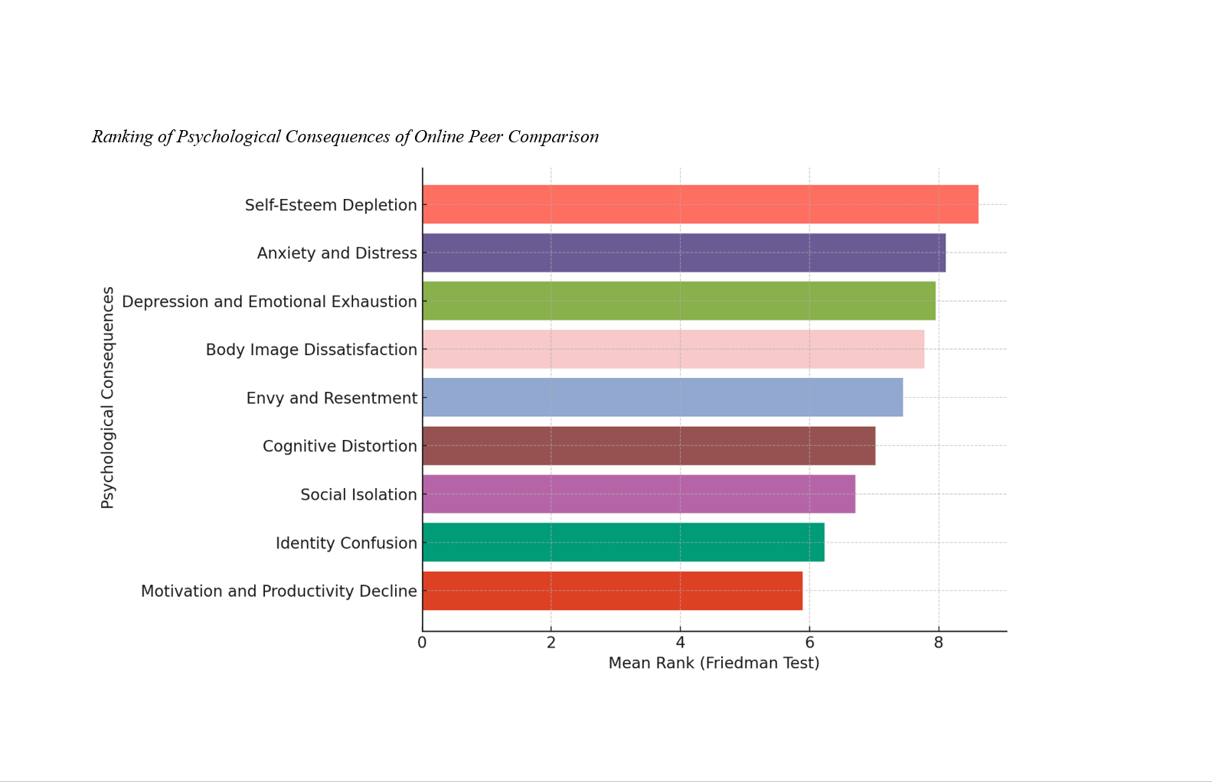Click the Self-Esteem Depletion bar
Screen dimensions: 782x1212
tap(700, 204)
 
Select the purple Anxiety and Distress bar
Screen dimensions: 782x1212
tap(684, 253)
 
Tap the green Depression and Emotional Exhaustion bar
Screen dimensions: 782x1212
tap(678, 301)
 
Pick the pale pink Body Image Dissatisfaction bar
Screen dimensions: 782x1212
tap(673, 349)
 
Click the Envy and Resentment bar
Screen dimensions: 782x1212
tap(662, 397)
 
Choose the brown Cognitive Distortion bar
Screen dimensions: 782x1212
tap(648, 445)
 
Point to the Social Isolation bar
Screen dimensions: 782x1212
tap(639, 494)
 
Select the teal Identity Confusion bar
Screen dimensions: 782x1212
tap(623, 543)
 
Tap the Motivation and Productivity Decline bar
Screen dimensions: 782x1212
tap(613, 591)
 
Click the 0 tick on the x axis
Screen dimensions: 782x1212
tap(422, 643)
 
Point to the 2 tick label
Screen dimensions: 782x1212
tap(551, 643)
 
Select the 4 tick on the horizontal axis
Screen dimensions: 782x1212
tap(680, 643)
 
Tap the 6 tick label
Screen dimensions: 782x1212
tap(809, 643)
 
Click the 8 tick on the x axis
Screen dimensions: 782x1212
tap(939, 643)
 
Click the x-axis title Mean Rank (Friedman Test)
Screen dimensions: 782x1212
tap(714, 663)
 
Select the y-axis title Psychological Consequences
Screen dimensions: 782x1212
tap(108, 397)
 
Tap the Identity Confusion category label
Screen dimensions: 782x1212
tap(346, 543)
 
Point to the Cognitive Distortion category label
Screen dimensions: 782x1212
tap(339, 446)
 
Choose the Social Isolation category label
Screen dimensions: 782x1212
tap(358, 495)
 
